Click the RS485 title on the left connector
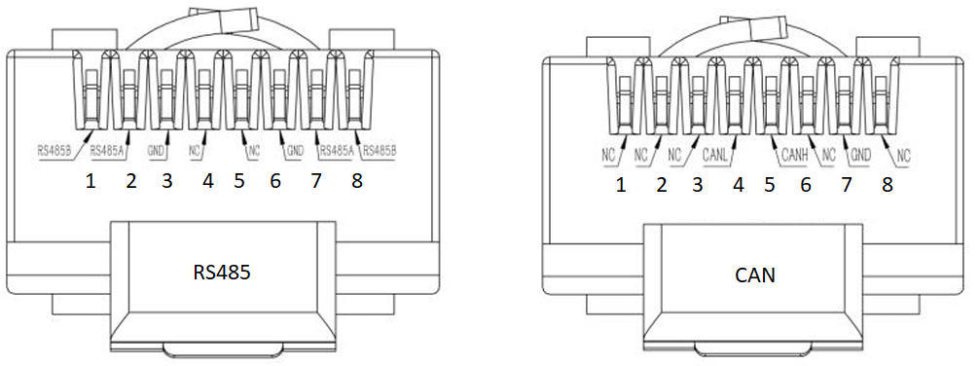point(221,273)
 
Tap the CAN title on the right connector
point(755,274)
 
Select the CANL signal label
point(715,154)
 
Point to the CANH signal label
point(795,155)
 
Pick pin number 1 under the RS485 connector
point(91,182)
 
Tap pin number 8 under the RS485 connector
point(356,181)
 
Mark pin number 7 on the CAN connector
point(847,185)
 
